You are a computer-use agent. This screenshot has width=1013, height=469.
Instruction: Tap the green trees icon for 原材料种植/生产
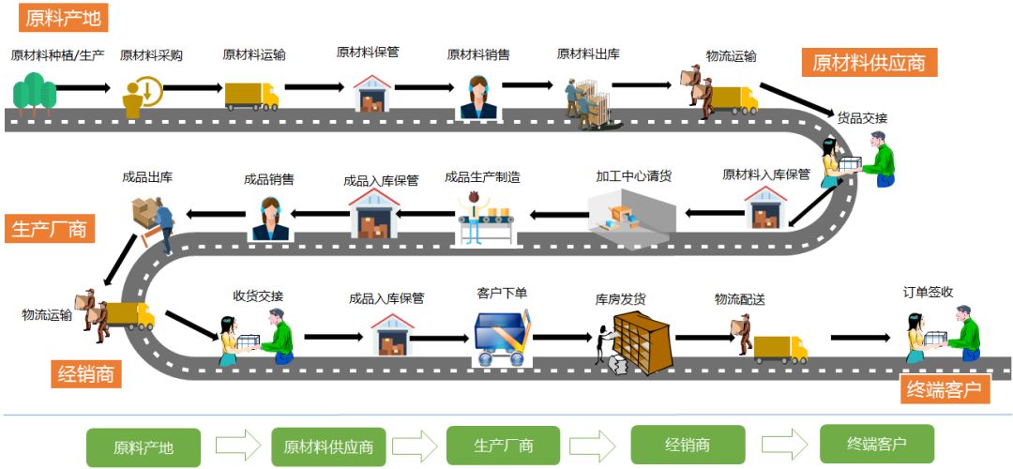point(34,94)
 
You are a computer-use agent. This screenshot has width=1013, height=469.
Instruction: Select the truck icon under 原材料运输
point(251,95)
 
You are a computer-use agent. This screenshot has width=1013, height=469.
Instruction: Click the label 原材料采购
point(151,55)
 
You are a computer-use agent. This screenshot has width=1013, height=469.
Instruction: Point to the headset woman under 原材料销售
point(478,97)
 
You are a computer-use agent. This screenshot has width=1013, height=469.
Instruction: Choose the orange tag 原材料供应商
point(869,63)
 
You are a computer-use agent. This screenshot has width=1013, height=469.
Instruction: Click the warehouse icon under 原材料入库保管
point(766,207)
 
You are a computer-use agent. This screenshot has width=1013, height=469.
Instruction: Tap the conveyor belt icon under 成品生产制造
point(486,217)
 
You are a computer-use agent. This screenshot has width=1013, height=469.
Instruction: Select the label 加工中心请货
point(634,175)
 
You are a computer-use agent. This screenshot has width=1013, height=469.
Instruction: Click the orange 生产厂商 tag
point(49,229)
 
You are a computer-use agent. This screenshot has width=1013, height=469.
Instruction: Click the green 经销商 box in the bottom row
point(688,445)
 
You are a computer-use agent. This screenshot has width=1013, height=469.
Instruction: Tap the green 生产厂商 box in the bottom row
point(503,446)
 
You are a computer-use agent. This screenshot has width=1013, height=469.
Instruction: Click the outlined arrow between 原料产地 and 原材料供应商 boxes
point(238,445)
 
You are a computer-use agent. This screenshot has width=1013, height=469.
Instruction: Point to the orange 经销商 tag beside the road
point(85,374)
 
